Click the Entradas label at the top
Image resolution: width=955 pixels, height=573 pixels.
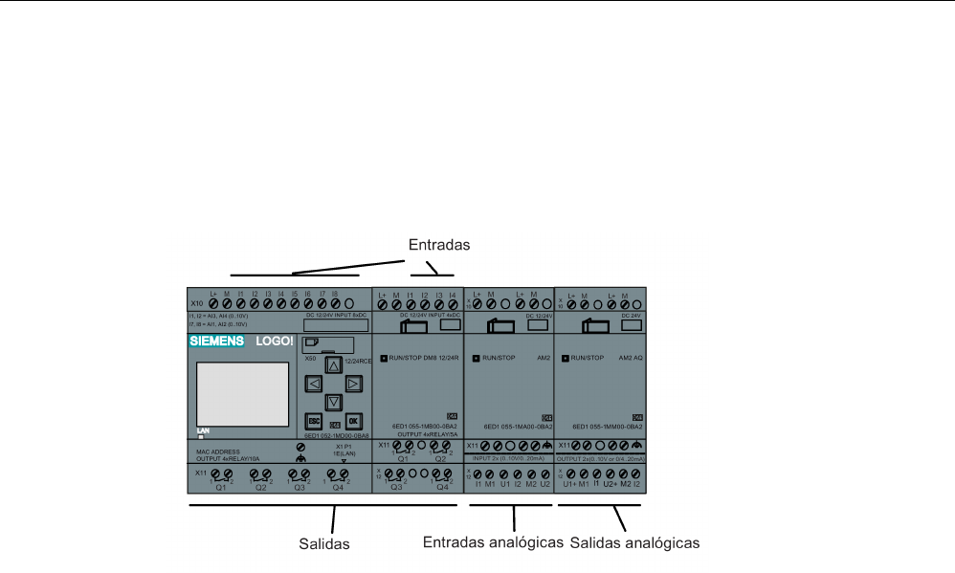tap(439, 245)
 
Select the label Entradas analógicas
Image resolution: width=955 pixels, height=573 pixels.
tap(492, 542)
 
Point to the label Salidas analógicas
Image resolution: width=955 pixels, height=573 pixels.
tap(634, 543)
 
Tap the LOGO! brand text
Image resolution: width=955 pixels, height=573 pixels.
tap(274, 341)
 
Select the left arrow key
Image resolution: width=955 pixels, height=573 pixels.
tap(313, 384)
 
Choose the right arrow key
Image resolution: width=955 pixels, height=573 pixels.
tap(353, 384)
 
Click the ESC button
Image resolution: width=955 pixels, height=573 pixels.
tap(313, 420)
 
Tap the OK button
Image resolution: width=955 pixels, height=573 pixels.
tap(353, 420)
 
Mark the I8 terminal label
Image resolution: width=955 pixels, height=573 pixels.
tap(336, 295)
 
